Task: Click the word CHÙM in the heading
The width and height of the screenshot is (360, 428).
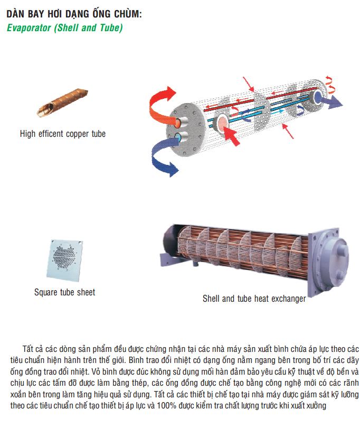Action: (x=127, y=13)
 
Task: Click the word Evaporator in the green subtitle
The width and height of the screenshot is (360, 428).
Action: (x=29, y=27)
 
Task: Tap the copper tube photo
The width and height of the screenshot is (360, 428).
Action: (x=62, y=103)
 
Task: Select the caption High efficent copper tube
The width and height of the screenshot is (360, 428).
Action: (x=63, y=134)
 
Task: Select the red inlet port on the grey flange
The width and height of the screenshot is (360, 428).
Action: (x=178, y=123)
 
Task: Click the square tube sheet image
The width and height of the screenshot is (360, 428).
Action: (x=64, y=260)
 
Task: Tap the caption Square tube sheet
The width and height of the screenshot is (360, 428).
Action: (x=64, y=292)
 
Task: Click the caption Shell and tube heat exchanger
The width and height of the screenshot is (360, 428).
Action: (x=254, y=299)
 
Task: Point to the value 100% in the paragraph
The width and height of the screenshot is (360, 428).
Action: (x=167, y=405)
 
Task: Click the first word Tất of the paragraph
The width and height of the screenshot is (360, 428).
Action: (x=28, y=349)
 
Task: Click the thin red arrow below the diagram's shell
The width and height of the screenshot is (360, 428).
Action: (x=288, y=131)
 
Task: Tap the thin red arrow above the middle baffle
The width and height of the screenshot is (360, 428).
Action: (x=249, y=84)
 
